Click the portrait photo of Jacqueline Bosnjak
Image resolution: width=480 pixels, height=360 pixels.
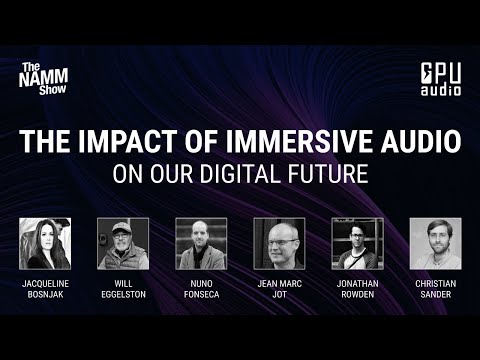pos(45,243)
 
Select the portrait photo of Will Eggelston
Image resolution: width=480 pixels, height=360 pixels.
pos(123,243)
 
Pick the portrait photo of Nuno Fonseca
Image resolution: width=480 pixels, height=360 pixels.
pos(201,243)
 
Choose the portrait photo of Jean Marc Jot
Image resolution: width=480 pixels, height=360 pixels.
pos(279,243)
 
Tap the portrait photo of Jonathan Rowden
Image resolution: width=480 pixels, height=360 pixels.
pos(357,243)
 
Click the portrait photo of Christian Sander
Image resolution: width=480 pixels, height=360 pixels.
pos(435,243)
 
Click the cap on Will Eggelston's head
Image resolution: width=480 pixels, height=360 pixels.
pos(122,229)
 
